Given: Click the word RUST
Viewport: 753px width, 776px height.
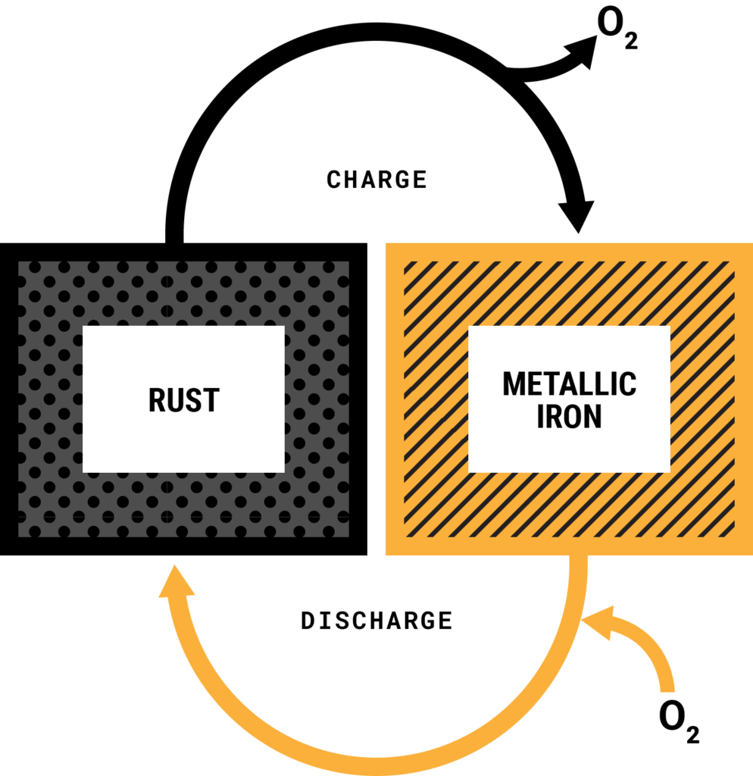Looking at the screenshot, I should click(x=183, y=400).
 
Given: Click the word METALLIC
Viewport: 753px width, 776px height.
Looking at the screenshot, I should click(x=569, y=384).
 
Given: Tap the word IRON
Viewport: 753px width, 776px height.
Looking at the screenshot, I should click(x=569, y=416).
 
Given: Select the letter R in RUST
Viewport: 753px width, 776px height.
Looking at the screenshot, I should click(x=157, y=400).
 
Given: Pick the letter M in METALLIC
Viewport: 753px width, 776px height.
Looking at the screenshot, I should click(x=514, y=384).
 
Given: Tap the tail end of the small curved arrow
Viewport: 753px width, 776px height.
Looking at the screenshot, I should click(x=667, y=690).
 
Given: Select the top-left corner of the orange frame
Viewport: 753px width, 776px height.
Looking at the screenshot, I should click(x=386, y=245).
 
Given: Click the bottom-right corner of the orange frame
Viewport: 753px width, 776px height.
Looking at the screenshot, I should click(x=751, y=554).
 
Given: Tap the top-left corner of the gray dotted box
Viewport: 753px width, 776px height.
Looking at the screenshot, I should click(x=20, y=263).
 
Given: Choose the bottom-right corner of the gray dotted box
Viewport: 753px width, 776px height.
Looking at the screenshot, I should click(x=348, y=536).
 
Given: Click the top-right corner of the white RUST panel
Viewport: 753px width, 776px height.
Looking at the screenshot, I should click(x=283, y=327).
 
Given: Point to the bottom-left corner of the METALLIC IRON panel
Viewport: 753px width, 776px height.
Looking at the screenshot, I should click(x=470, y=471).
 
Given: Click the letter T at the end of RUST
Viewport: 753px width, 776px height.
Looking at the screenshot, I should click(x=211, y=400).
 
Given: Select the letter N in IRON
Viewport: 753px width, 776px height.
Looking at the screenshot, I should click(x=592, y=416).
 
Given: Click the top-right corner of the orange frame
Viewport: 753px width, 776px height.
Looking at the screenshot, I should click(x=751, y=245).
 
